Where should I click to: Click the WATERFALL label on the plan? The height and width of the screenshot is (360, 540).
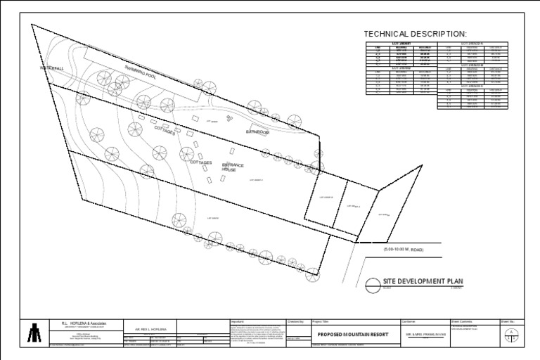52,68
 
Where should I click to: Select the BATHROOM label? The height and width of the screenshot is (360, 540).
258,132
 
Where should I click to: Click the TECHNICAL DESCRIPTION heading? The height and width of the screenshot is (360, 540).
414,34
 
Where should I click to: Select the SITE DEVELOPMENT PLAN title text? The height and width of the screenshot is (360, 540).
422,281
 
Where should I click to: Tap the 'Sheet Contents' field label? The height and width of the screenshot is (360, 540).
464,321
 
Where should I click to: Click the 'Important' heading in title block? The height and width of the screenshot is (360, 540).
237,321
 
